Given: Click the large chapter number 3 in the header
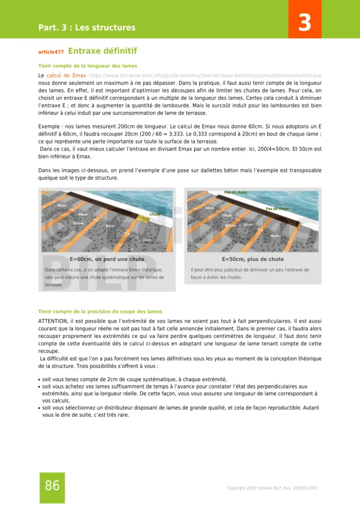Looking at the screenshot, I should [304, 24].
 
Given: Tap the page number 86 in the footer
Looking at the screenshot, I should [52, 486].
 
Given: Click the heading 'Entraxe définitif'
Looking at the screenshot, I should [102, 51].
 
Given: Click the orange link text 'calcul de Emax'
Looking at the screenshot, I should [66, 75].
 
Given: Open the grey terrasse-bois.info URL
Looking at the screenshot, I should [205, 75].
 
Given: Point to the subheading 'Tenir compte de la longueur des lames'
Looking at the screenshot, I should [88, 66].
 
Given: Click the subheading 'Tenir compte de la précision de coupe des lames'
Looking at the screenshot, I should [100, 311].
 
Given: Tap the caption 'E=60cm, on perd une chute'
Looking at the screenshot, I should [107, 259].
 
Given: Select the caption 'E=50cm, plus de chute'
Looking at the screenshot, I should [253, 259].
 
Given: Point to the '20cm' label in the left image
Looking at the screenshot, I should [147, 240].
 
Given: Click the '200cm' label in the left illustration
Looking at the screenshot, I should [78, 223].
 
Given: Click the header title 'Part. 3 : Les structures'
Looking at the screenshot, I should [87, 28].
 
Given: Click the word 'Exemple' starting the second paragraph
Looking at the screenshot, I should [50, 127].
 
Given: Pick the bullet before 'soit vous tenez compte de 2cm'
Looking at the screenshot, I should [39, 380].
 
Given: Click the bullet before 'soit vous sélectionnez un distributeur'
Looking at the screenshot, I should [39, 408].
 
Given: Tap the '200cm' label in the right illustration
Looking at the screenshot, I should [229, 226].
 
